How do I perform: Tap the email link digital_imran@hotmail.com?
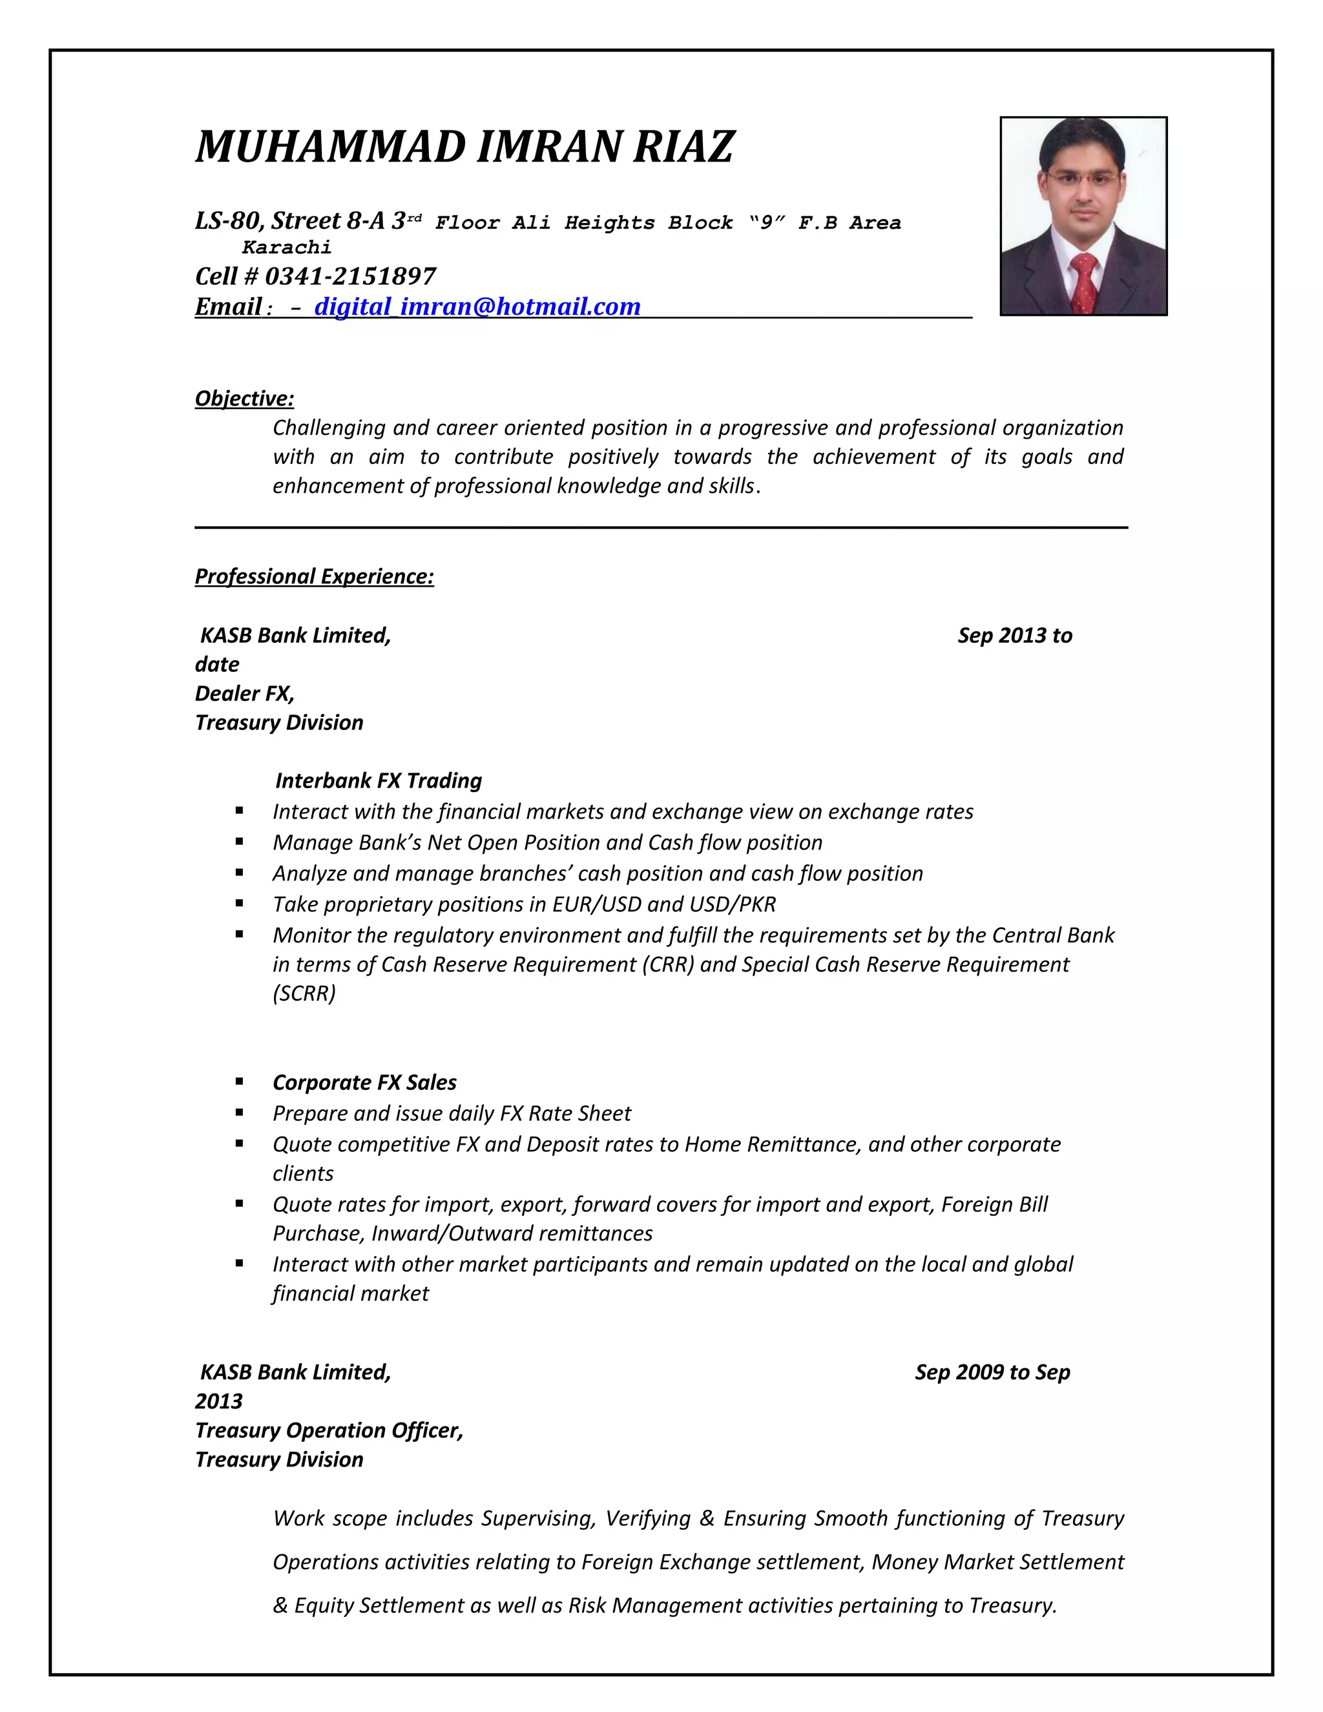(x=477, y=306)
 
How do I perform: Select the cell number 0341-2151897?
(x=350, y=276)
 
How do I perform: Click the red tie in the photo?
(x=1084, y=282)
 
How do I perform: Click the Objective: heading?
(x=245, y=398)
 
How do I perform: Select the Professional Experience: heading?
(x=315, y=576)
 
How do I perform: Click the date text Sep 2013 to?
(x=1014, y=635)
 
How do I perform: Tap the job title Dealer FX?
(x=245, y=693)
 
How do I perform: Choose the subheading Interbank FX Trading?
(x=379, y=780)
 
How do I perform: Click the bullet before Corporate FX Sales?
(x=239, y=1081)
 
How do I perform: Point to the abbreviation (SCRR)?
(x=304, y=993)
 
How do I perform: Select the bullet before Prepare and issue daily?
(x=239, y=1112)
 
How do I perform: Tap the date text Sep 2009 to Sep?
(x=992, y=1372)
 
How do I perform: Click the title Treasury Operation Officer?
(x=329, y=1430)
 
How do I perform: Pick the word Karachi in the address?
(x=287, y=247)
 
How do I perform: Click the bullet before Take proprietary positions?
(x=239, y=904)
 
